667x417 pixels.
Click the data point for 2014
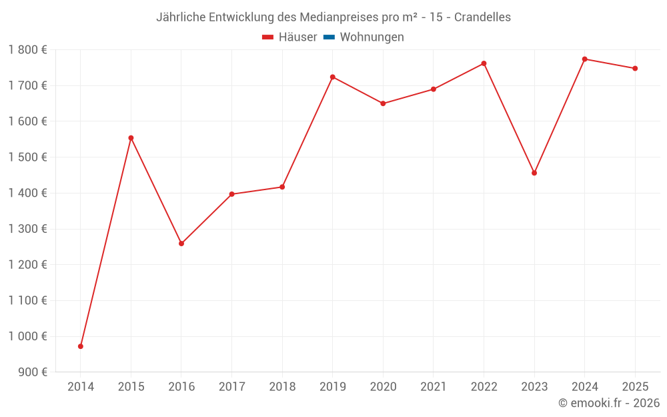[x=81, y=346]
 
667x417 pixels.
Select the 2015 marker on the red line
[x=131, y=138]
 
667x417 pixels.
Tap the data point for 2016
[x=181, y=244]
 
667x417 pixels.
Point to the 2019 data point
[x=333, y=77]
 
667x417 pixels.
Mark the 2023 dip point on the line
[x=534, y=173]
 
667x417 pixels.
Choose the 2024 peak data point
[x=584, y=59]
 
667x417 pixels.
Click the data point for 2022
[x=484, y=63]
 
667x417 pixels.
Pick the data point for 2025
[x=635, y=68]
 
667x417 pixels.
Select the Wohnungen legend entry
[x=372, y=37]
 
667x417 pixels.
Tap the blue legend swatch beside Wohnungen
[x=329, y=37]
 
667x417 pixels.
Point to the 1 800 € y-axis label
[x=27, y=50]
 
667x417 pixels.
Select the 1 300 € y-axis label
[x=27, y=229]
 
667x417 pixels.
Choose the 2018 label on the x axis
[x=282, y=387]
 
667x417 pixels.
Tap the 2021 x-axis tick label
[x=434, y=387]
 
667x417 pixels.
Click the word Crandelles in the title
[x=482, y=17]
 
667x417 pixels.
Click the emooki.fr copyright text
[x=609, y=403]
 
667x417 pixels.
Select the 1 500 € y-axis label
[x=27, y=157]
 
